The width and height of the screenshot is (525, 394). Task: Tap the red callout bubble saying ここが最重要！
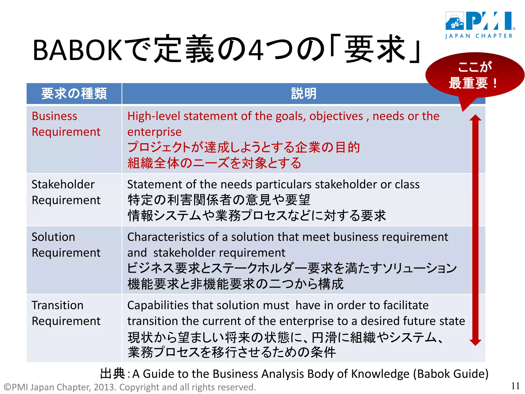(474, 75)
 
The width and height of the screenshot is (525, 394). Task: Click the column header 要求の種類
(74, 93)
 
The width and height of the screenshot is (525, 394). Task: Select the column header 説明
(304, 93)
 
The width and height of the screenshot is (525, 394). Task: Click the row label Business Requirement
(66, 124)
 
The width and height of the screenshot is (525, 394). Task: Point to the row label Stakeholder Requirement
(66, 192)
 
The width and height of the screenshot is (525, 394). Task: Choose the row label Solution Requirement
(66, 245)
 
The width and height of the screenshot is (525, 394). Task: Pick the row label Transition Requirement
(66, 313)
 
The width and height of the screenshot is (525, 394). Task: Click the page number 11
(515, 386)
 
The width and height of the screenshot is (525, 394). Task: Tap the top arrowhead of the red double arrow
(475, 118)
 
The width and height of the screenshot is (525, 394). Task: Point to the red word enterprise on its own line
(154, 132)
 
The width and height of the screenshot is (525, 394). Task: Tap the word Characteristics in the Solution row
(173, 237)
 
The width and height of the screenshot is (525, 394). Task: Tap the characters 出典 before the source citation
(112, 373)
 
